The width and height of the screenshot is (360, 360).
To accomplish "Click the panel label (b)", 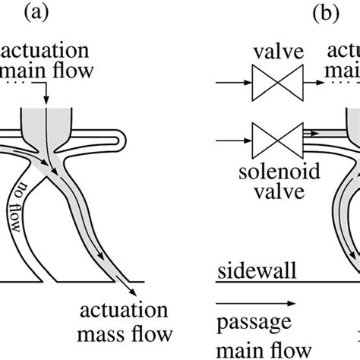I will pyautogui.click(x=303, y=14).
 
